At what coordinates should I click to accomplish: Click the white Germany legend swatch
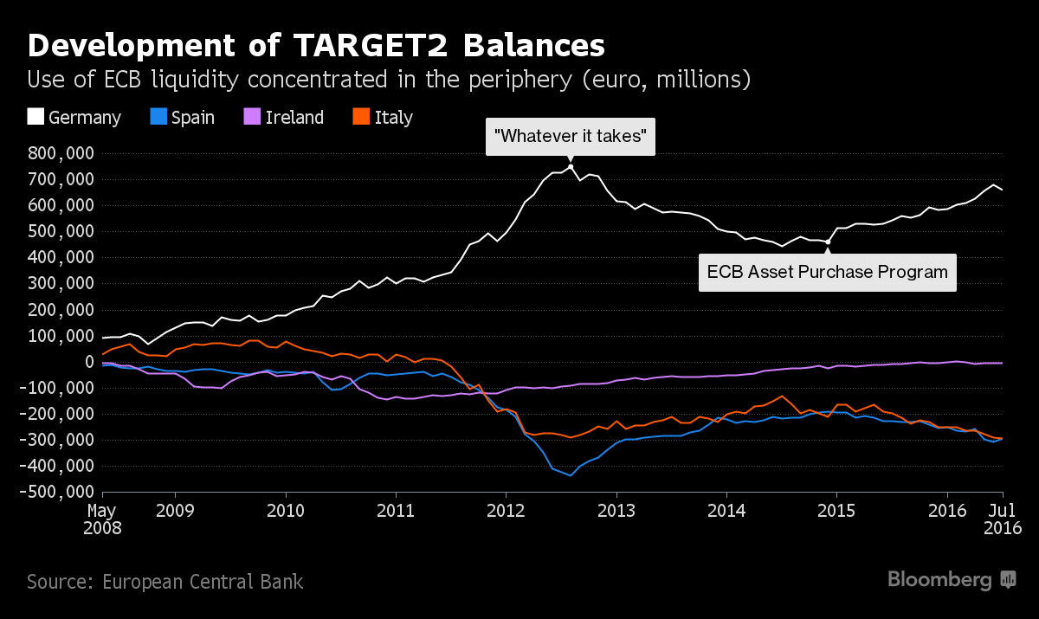[x=35, y=117]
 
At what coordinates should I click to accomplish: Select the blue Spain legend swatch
[x=158, y=117]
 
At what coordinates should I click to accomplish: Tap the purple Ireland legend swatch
[x=253, y=117]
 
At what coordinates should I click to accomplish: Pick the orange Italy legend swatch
[x=361, y=117]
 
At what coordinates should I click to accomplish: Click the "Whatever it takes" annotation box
[x=571, y=137]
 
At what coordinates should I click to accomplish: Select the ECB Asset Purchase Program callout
[x=827, y=272]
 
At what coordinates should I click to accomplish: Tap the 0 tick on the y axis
[x=87, y=362]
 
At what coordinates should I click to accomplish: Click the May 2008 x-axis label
[x=102, y=518]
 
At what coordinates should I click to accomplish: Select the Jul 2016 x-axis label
[x=1003, y=518]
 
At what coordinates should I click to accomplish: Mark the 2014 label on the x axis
[x=727, y=510]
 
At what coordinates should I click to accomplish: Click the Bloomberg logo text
[x=939, y=580]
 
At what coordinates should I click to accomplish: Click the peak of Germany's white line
[x=571, y=166]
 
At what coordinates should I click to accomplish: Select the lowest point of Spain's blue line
[x=571, y=475]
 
